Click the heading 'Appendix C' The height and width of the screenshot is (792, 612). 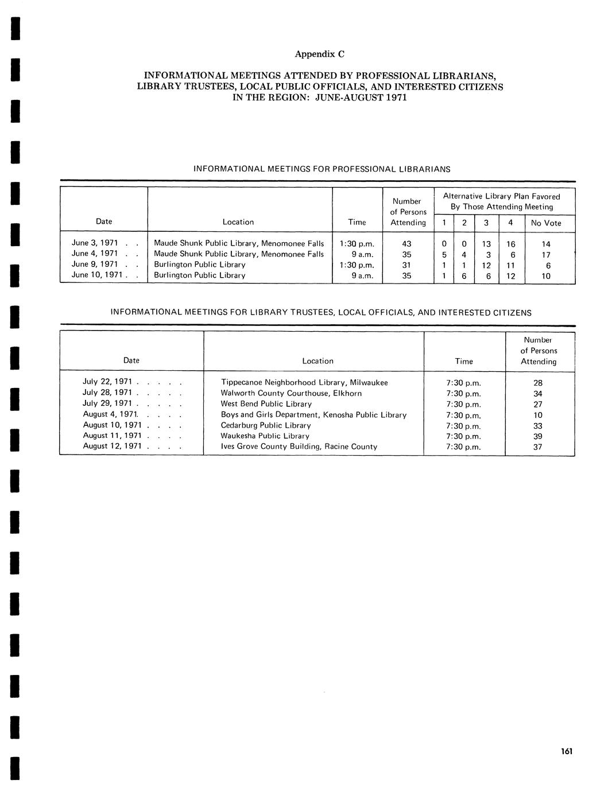pyautogui.click(x=319, y=54)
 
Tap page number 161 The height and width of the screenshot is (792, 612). pyautogui.click(x=567, y=751)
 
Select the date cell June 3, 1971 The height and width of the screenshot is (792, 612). pyautogui.click(x=95, y=243)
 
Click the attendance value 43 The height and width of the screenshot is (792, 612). pyautogui.click(x=406, y=244)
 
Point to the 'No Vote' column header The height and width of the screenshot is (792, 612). pyautogui.click(x=546, y=223)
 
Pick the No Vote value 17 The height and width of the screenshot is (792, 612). pyautogui.click(x=546, y=255)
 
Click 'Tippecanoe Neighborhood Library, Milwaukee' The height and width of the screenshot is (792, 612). pyautogui.click(x=304, y=383)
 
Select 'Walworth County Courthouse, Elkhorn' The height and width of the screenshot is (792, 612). pyautogui.click(x=291, y=394)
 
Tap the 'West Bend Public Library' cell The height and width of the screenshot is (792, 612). pyautogui.click(x=266, y=404)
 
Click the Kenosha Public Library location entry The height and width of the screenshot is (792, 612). pyautogui.click(x=313, y=415)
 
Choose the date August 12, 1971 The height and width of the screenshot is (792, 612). pyautogui.click(x=112, y=447)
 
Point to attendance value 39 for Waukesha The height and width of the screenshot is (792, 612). pyautogui.click(x=538, y=437)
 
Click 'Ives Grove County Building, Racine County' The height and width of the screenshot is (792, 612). pyautogui.click(x=299, y=447)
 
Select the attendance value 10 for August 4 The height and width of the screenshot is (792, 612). pyautogui.click(x=538, y=415)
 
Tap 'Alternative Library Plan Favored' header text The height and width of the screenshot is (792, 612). pyautogui.click(x=501, y=196)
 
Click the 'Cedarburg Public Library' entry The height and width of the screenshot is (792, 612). pyautogui.click(x=266, y=425)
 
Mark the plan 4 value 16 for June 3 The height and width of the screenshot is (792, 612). pyautogui.click(x=510, y=244)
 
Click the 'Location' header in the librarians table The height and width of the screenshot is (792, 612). pyautogui.click(x=238, y=222)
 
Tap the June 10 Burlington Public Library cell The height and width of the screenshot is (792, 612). pyautogui.click(x=199, y=275)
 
